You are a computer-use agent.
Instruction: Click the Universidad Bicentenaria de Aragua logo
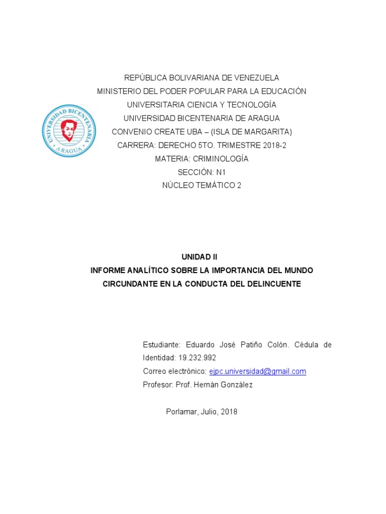(69, 130)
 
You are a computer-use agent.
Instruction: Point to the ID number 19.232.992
(197, 358)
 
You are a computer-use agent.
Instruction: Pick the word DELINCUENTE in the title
(273, 284)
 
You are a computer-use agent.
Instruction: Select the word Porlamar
(181, 412)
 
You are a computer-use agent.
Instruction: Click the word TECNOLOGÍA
(251, 105)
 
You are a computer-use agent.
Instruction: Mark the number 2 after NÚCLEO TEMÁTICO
(239, 186)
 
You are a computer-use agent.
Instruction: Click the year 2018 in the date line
(229, 412)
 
